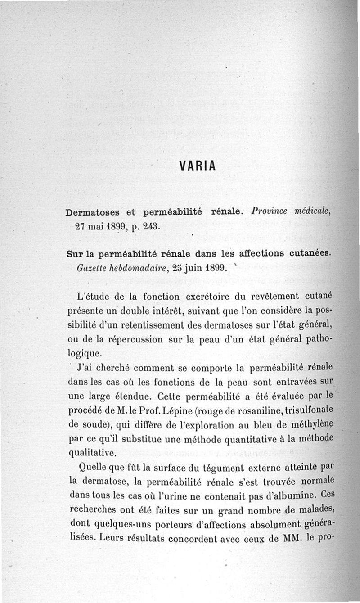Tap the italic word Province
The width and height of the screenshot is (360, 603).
click(268, 211)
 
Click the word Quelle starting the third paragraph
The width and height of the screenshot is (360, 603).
click(93, 466)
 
